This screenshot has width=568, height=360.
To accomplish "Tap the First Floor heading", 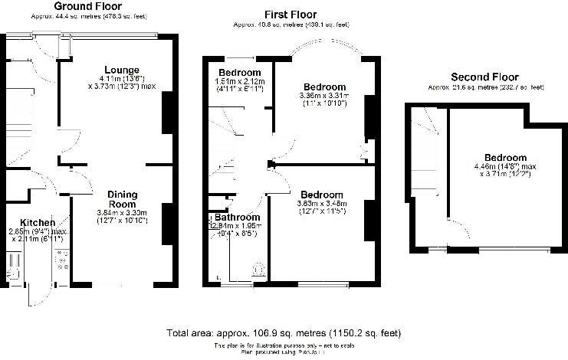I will [x=291, y=15].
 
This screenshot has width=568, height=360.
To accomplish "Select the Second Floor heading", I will [x=484, y=77].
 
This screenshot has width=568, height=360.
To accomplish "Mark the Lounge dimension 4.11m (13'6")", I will [x=121, y=78].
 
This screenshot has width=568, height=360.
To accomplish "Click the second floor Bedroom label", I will [x=501, y=157].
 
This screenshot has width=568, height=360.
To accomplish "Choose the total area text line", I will [x=284, y=333].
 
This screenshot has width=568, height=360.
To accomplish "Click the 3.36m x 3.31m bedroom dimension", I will [x=324, y=96].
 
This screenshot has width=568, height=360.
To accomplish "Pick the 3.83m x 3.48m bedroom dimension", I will [x=322, y=203].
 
